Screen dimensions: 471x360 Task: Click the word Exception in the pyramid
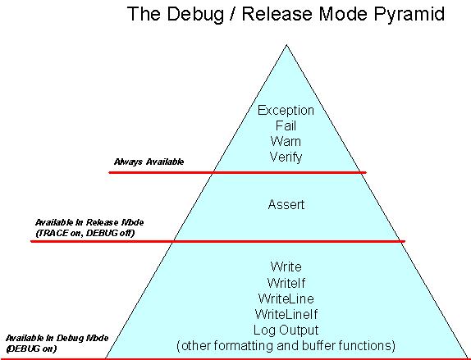pos(286,111)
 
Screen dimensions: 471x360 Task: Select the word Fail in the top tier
pos(286,125)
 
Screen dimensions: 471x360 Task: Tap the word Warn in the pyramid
pos(286,141)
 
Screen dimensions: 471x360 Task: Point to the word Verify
pos(286,157)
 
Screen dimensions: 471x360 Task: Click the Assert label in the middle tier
pos(286,205)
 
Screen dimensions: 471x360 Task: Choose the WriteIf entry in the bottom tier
pos(286,283)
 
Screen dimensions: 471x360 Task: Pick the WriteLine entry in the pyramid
pos(286,298)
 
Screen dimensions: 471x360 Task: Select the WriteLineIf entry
pos(286,314)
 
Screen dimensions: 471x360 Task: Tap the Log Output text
pos(286,330)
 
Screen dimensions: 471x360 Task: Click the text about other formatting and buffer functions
pos(286,345)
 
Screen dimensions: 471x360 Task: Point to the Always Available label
pos(149,162)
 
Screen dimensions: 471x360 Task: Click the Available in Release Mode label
pos(89,222)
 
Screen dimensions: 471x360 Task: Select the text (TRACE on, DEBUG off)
pos(85,233)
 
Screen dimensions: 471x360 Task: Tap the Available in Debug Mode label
pos(57,338)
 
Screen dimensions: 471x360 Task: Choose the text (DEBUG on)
pos(31,349)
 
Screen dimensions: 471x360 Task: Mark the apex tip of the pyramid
pos(286,45)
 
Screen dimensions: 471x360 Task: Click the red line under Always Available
pos(238,172)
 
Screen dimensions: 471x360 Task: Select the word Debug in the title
pos(195,14)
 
